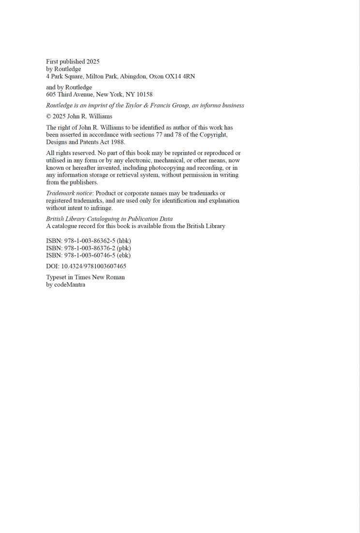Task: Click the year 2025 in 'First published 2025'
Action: pos(93,61)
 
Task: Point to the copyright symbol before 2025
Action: pos(49,116)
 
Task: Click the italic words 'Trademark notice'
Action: pos(69,193)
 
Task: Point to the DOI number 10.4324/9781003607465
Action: pos(93,266)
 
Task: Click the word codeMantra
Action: pos(70,285)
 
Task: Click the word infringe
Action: pos(101,208)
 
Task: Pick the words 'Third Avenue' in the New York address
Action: pos(75,94)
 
